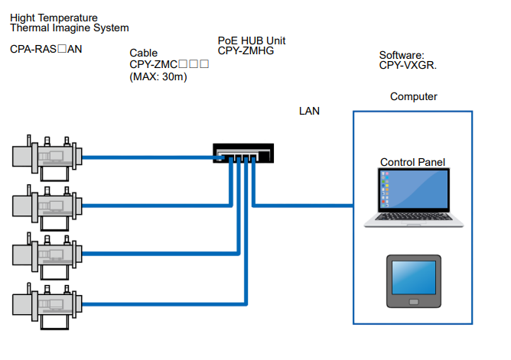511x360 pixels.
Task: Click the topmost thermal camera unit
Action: tap(46, 158)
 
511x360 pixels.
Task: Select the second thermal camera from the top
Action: tap(46, 206)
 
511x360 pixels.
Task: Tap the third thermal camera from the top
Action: tap(46, 255)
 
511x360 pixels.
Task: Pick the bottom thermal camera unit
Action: tap(46, 303)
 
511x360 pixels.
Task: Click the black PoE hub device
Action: tap(242, 154)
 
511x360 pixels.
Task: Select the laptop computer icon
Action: tap(414, 198)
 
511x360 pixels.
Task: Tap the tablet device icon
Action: tap(413, 281)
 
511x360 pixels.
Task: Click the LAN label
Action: tap(309, 112)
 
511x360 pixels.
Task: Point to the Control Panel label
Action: tap(412, 162)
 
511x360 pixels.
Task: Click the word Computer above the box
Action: tap(413, 97)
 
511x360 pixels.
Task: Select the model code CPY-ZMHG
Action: tap(246, 51)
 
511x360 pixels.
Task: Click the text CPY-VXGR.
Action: tap(408, 66)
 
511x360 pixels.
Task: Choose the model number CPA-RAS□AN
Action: tap(46, 49)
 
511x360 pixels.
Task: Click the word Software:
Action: tap(402, 55)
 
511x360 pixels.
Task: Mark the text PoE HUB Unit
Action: tap(252, 41)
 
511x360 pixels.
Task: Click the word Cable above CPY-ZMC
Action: tap(144, 54)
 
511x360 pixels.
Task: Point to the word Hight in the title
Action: tap(24, 17)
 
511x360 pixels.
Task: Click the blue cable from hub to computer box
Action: tap(306, 206)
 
